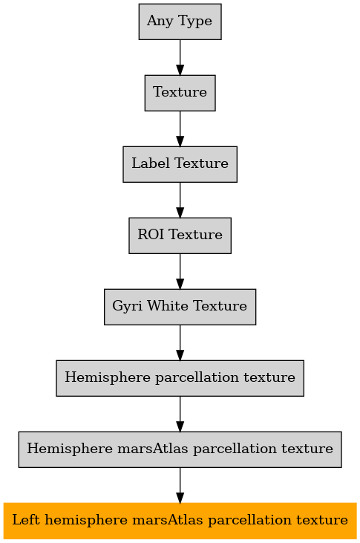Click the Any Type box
coord(180,22)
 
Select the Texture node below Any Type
coord(180,93)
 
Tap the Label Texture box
coord(180,164)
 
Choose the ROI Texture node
coord(180,235)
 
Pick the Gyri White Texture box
coord(180,307)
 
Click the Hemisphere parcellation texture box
coord(180,378)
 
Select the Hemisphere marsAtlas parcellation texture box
coord(180,449)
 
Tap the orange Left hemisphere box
coord(180,521)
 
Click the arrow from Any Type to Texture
coord(180,57)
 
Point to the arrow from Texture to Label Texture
coord(180,129)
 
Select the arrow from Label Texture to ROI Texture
coord(180,200)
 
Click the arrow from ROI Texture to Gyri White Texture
coord(180,272)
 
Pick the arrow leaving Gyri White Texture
coord(180,343)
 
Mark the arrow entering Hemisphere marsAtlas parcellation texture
coord(180,414)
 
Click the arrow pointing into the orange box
coord(180,486)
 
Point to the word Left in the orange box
coord(26,520)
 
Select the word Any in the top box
coord(160,22)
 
